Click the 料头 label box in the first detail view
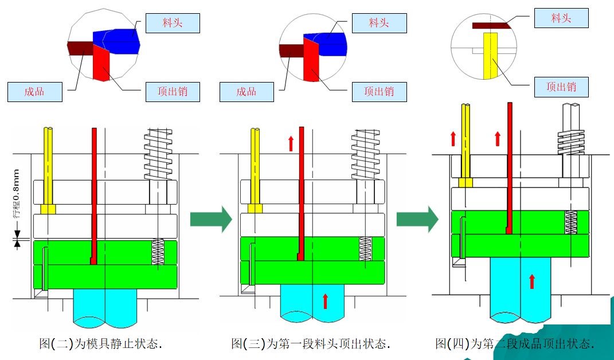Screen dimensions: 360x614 click(173, 23)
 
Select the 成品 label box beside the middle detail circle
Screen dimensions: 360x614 click(247, 92)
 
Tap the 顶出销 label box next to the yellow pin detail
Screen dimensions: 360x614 click(561, 87)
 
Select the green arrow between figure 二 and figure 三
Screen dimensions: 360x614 click(210, 219)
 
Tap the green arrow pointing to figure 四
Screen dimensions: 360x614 click(417, 219)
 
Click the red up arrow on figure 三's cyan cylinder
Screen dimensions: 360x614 click(326, 301)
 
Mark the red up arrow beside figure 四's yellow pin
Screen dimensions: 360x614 click(453, 138)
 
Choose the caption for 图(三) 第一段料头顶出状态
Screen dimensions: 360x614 click(311, 343)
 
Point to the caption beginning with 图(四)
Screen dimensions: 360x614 click(514, 343)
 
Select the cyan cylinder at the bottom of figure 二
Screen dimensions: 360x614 click(105, 307)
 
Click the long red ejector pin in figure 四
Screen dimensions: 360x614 click(509, 166)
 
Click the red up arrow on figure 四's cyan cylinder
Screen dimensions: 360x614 click(531, 281)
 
